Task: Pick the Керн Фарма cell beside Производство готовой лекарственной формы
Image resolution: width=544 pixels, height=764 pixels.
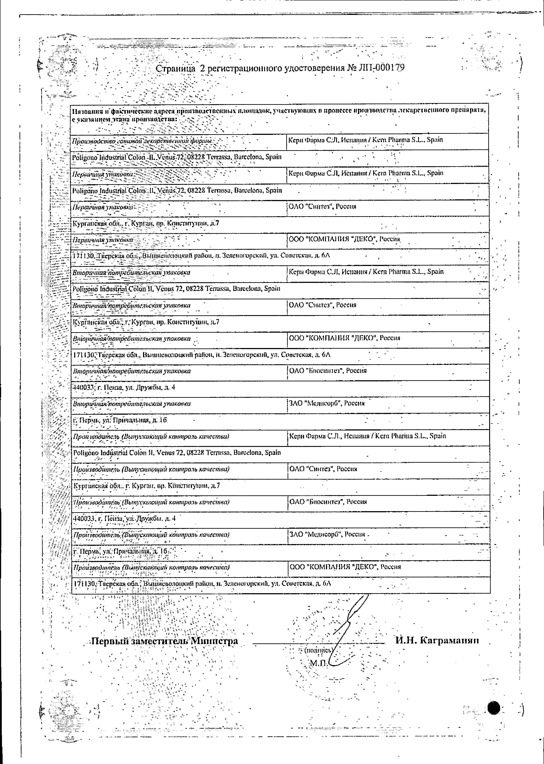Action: click(x=365, y=140)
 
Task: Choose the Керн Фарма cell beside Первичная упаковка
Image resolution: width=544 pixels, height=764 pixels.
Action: click(x=365, y=173)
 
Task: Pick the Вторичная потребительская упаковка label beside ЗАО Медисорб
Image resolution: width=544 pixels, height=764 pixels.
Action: click(x=132, y=404)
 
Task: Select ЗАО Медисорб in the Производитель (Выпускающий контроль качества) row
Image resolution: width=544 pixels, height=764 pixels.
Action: click(x=327, y=535)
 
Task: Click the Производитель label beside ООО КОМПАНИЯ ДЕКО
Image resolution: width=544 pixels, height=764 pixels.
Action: click(x=151, y=568)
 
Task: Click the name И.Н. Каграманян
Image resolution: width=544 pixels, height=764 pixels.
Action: click(x=437, y=640)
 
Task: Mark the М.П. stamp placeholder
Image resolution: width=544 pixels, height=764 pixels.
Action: click(x=318, y=663)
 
